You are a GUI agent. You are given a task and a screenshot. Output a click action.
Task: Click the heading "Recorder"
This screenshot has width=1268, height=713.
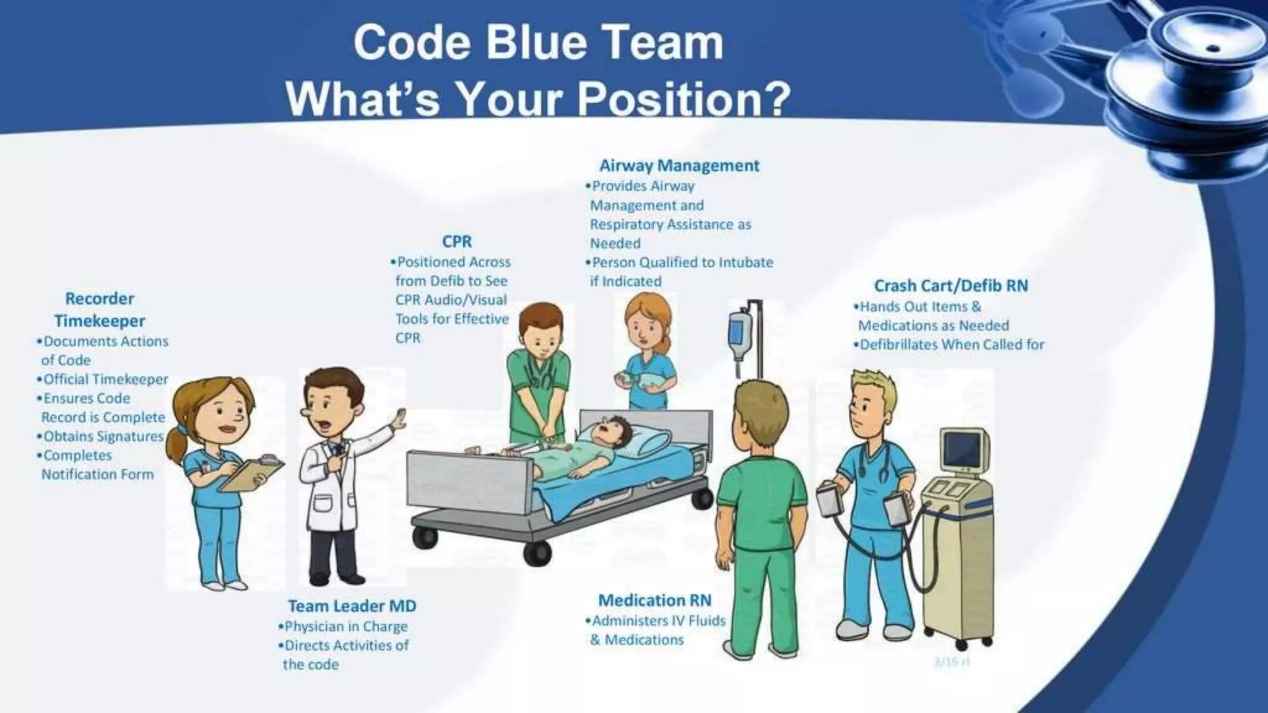click(100, 299)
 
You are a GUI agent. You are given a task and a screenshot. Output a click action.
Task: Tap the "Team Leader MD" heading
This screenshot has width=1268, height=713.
click(352, 606)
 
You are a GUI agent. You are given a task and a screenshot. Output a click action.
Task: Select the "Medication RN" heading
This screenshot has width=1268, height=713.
click(654, 600)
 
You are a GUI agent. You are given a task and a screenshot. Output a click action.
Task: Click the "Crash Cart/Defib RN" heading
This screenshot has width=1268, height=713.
click(950, 286)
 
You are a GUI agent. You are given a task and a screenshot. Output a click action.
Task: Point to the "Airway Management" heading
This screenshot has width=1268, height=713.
click(679, 166)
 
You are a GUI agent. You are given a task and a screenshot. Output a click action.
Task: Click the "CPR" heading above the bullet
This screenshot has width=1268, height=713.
click(457, 241)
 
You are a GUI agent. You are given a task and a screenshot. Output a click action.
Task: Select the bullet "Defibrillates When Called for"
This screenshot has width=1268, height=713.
click(952, 345)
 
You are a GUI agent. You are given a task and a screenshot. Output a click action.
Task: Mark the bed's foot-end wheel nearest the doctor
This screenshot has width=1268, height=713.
click(426, 537)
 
